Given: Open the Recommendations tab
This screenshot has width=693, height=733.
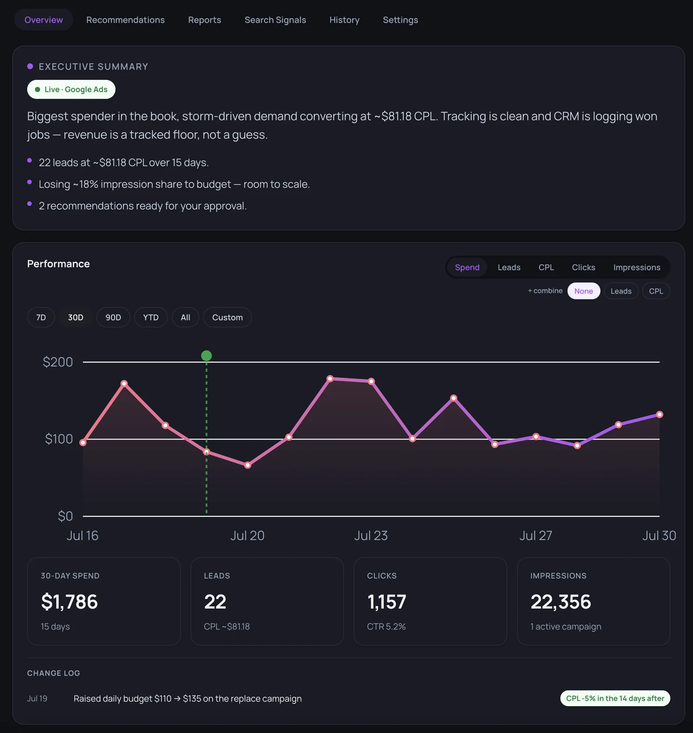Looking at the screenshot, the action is point(125,20).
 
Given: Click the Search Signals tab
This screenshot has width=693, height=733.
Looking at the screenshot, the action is point(275,20).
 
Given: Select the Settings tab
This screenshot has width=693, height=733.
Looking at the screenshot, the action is point(400,20).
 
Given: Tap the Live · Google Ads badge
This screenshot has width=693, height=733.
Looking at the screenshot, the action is point(71,90).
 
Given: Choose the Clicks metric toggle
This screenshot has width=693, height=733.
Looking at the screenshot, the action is point(583,267).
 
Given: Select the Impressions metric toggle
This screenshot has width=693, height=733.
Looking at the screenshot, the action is point(637,267).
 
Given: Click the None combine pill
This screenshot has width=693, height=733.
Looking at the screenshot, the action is point(583,291).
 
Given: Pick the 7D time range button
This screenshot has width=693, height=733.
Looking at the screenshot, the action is point(41,318).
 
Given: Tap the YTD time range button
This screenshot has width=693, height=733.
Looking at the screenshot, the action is point(151,318).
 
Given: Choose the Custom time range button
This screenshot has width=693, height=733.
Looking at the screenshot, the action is point(227,318).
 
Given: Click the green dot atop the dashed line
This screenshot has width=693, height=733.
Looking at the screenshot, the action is point(207,356).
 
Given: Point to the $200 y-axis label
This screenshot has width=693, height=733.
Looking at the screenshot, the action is point(58,362).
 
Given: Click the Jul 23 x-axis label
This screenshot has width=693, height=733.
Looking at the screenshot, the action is point(371,536).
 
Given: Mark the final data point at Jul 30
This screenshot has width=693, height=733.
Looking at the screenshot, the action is point(660,415).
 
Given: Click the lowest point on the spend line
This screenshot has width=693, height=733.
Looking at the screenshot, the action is point(248,465).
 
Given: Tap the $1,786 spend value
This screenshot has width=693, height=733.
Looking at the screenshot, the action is point(69,602).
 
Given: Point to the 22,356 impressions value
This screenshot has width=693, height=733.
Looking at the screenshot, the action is point(561,602).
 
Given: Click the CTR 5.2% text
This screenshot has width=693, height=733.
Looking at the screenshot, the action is point(386,627).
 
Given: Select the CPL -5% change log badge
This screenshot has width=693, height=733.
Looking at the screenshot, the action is point(615,698).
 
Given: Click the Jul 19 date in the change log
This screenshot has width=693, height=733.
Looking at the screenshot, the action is point(37,699).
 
